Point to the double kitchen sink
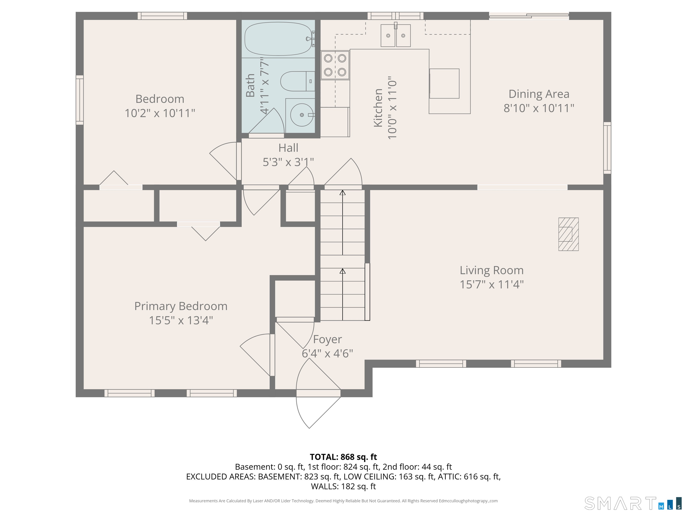(x=395, y=36)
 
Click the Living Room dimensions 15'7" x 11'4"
(x=491, y=284)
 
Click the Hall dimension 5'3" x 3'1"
(x=288, y=162)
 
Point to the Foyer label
(x=327, y=339)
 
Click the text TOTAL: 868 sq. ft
(x=343, y=457)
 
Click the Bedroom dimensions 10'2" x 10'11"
(x=160, y=113)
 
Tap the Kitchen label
(x=378, y=108)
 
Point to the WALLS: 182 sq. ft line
(x=343, y=486)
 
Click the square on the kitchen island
(x=444, y=84)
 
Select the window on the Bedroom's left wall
(x=80, y=100)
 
